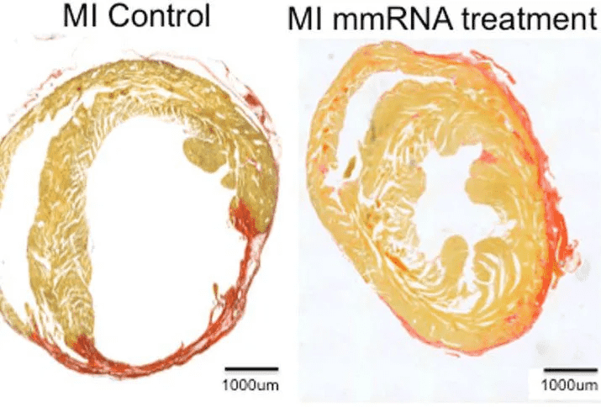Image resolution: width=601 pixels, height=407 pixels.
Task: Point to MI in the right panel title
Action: tap(305, 18)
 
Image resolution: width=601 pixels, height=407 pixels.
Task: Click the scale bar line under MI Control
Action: tap(250, 368)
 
